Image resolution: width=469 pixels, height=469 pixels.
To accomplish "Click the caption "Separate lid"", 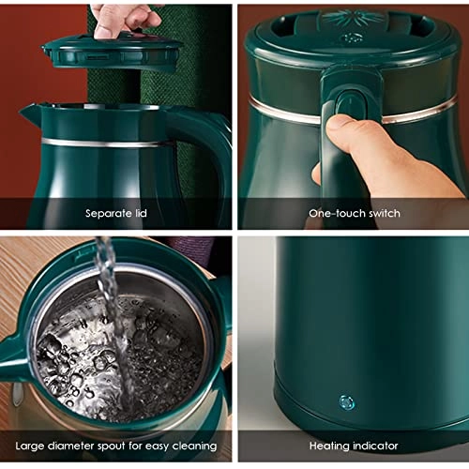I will click(x=115, y=214).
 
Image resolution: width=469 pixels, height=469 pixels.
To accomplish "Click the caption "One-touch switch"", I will click(x=354, y=214).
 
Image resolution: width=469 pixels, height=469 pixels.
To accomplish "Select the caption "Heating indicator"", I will click(x=354, y=446).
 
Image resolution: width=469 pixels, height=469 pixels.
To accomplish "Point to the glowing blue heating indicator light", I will click(x=346, y=403).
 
